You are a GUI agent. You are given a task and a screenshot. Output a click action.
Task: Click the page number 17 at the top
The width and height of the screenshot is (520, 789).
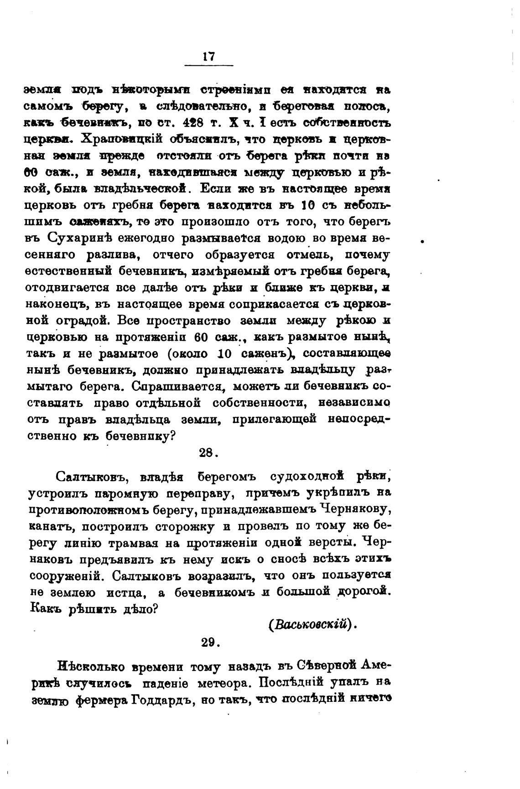208,57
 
